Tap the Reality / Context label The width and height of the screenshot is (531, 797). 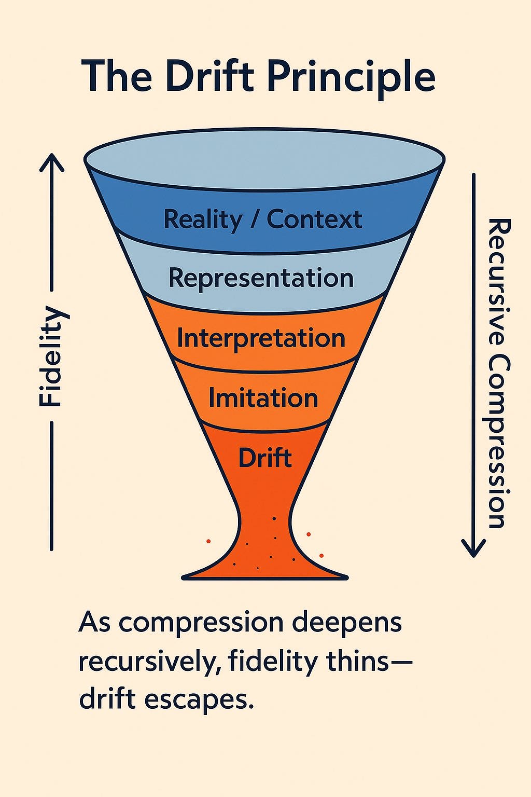pyautogui.click(x=262, y=219)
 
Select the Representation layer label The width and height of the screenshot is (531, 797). pyautogui.click(x=261, y=278)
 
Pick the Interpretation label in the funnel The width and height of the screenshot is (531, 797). pyautogui.click(x=261, y=338)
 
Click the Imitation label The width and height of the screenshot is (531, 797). pyautogui.click(x=263, y=398)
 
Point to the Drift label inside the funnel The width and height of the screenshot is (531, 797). pyautogui.click(x=264, y=458)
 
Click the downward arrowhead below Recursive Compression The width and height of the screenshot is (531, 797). pyautogui.click(x=473, y=549)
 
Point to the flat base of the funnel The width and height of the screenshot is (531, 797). pyautogui.click(x=264, y=574)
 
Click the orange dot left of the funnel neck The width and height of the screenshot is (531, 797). pyautogui.click(x=208, y=541)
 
